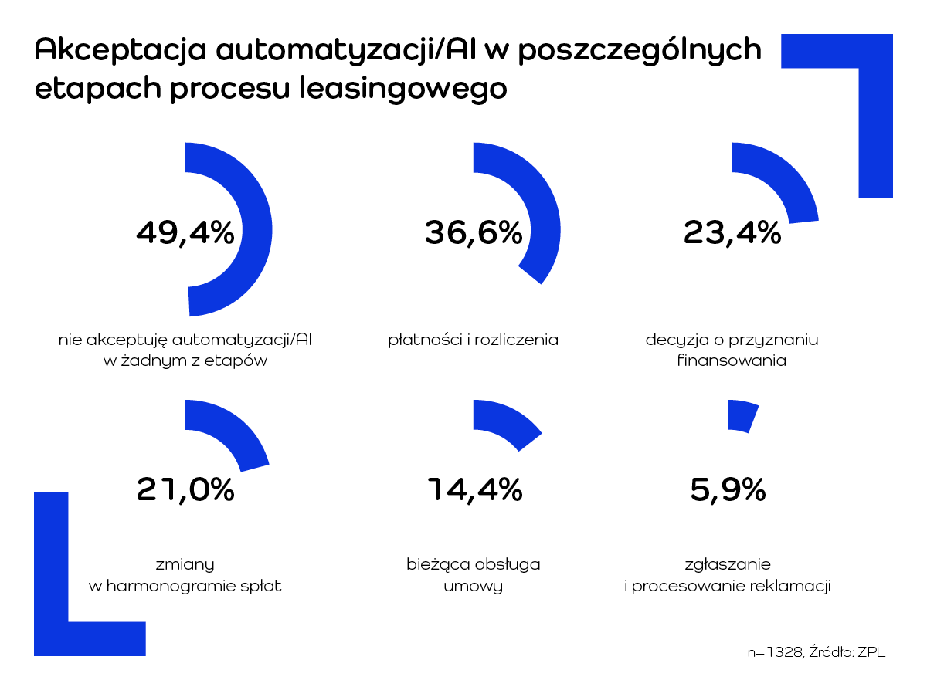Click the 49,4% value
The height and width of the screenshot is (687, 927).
(185, 232)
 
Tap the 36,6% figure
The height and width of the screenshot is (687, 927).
(474, 232)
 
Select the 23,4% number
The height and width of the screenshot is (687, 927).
(732, 232)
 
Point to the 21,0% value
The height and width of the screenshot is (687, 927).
(185, 489)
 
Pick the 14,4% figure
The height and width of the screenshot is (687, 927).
(474, 489)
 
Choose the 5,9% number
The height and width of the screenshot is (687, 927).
(728, 489)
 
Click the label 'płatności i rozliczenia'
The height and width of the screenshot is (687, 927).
(473, 340)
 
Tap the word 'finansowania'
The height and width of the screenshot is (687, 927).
(732, 360)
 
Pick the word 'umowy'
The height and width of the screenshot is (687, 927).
(473, 586)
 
